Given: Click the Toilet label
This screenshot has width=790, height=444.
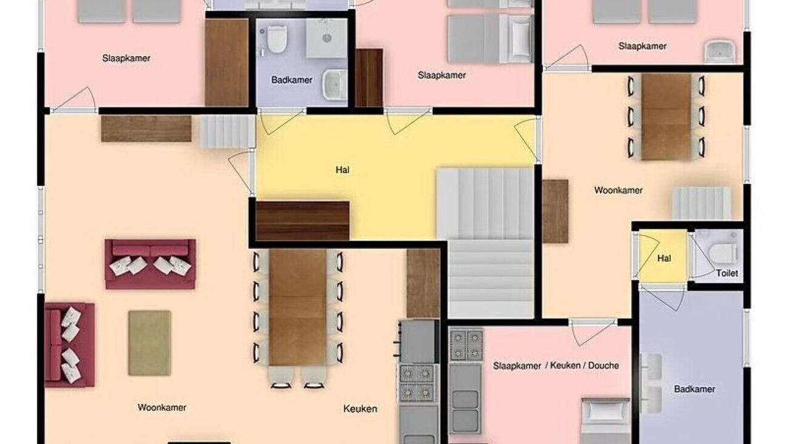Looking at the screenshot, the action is pyautogui.click(x=727, y=273).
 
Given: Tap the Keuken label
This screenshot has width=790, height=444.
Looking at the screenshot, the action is pyautogui.click(x=360, y=409).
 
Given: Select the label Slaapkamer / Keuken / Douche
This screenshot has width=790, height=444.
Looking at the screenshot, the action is pyautogui.click(x=556, y=366).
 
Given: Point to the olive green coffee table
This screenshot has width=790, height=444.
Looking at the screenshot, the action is pyautogui.click(x=149, y=343).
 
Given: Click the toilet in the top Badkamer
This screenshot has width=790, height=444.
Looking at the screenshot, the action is pyautogui.click(x=276, y=39).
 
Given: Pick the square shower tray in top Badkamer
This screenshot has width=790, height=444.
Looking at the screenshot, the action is pyautogui.click(x=326, y=38).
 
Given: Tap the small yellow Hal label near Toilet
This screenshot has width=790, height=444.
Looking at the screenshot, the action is pyautogui.click(x=663, y=258).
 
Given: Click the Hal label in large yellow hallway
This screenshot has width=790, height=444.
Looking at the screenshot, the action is pyautogui.click(x=343, y=170).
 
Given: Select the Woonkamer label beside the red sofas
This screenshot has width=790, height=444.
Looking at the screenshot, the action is pyautogui.click(x=162, y=408).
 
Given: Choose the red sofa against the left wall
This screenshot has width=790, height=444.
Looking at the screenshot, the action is pyautogui.click(x=70, y=345).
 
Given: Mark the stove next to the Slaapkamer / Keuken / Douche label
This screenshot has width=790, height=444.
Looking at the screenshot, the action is pyautogui.click(x=465, y=346).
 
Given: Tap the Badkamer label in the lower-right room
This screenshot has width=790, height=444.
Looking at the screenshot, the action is pyautogui.click(x=694, y=389).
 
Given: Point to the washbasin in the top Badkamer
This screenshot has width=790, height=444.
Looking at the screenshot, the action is pyautogui.click(x=335, y=84).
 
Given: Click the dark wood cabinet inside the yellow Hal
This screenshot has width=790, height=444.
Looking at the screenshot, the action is pyautogui.click(x=302, y=221).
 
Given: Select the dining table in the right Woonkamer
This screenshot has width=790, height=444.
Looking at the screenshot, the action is pyautogui.click(x=666, y=117).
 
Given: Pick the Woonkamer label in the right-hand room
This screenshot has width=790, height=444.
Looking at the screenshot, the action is pyautogui.click(x=618, y=191).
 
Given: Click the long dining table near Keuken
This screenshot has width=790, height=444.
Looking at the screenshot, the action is pyautogui.click(x=297, y=307).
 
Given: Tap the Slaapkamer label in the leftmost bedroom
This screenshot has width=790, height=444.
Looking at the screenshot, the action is pyautogui.click(x=127, y=58).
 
